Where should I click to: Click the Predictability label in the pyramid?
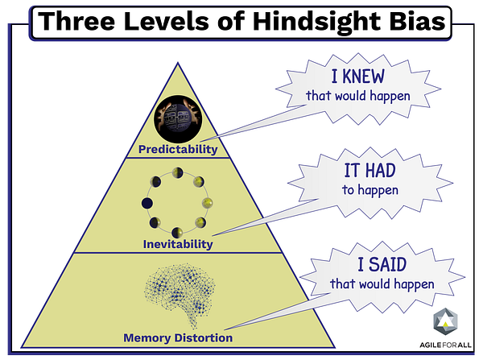point(177,149)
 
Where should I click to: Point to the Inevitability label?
point(177,244)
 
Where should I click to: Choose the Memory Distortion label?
point(177,337)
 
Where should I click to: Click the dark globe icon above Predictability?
point(177,118)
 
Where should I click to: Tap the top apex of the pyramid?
point(177,60)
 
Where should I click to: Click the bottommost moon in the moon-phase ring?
point(177,230)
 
